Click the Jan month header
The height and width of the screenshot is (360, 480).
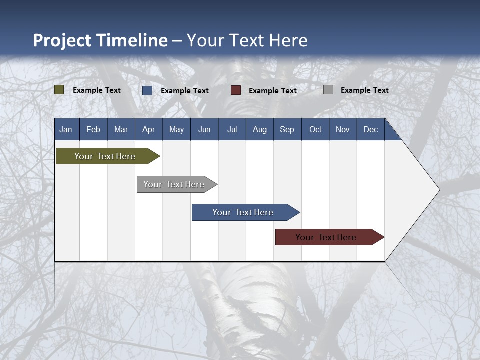66,129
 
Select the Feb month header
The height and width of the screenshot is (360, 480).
93,129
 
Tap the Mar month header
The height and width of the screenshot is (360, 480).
121,129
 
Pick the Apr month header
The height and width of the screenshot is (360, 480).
149,129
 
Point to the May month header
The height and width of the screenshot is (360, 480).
176,129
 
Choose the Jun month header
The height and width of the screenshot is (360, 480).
204,129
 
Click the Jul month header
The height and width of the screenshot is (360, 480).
232,129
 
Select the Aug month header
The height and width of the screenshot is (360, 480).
260,129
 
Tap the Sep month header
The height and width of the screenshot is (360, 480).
287,129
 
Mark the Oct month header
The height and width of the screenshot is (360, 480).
315,129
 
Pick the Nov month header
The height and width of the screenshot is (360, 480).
343,129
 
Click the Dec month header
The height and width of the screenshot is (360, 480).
371,129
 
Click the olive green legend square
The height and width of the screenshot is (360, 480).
59,90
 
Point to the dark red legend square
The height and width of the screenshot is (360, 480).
236,90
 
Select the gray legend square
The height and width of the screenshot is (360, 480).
328,90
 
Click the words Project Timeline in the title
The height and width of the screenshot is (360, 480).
100,40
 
